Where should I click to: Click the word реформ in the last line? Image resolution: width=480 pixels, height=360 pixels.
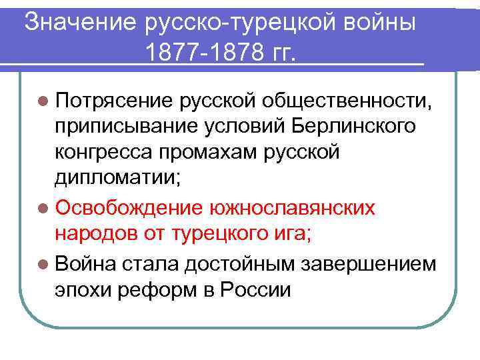tap(154, 289)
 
